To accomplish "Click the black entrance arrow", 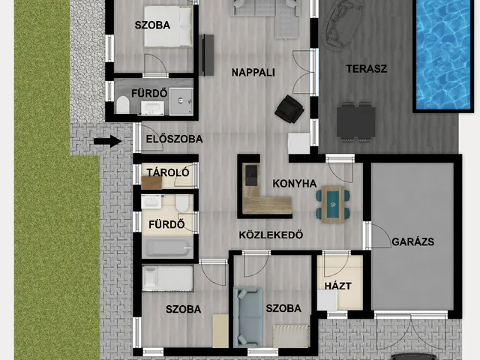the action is click(108, 141).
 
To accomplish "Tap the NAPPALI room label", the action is click(253, 73).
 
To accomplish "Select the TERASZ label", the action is click(367, 68).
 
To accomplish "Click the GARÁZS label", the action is click(412, 241).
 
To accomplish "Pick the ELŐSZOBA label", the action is click(174, 139).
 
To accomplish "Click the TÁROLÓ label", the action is click(168, 172).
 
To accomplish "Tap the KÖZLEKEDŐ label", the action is click(271, 235).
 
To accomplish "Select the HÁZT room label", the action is click(338, 286).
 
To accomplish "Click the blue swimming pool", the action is click(442, 55).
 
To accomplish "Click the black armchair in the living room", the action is click(289, 109).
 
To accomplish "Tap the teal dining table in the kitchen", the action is click(332, 204).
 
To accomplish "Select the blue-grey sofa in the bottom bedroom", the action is click(247, 316).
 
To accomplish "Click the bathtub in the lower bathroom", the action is click(167, 247).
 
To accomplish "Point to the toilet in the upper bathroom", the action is click(123, 105).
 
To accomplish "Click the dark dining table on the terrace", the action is click(356, 121).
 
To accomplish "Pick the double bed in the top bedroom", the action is click(168, 27).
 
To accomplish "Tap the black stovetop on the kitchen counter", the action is click(251, 175).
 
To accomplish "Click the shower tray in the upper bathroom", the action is click(181, 101).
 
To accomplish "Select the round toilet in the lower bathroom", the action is click(182, 203).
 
